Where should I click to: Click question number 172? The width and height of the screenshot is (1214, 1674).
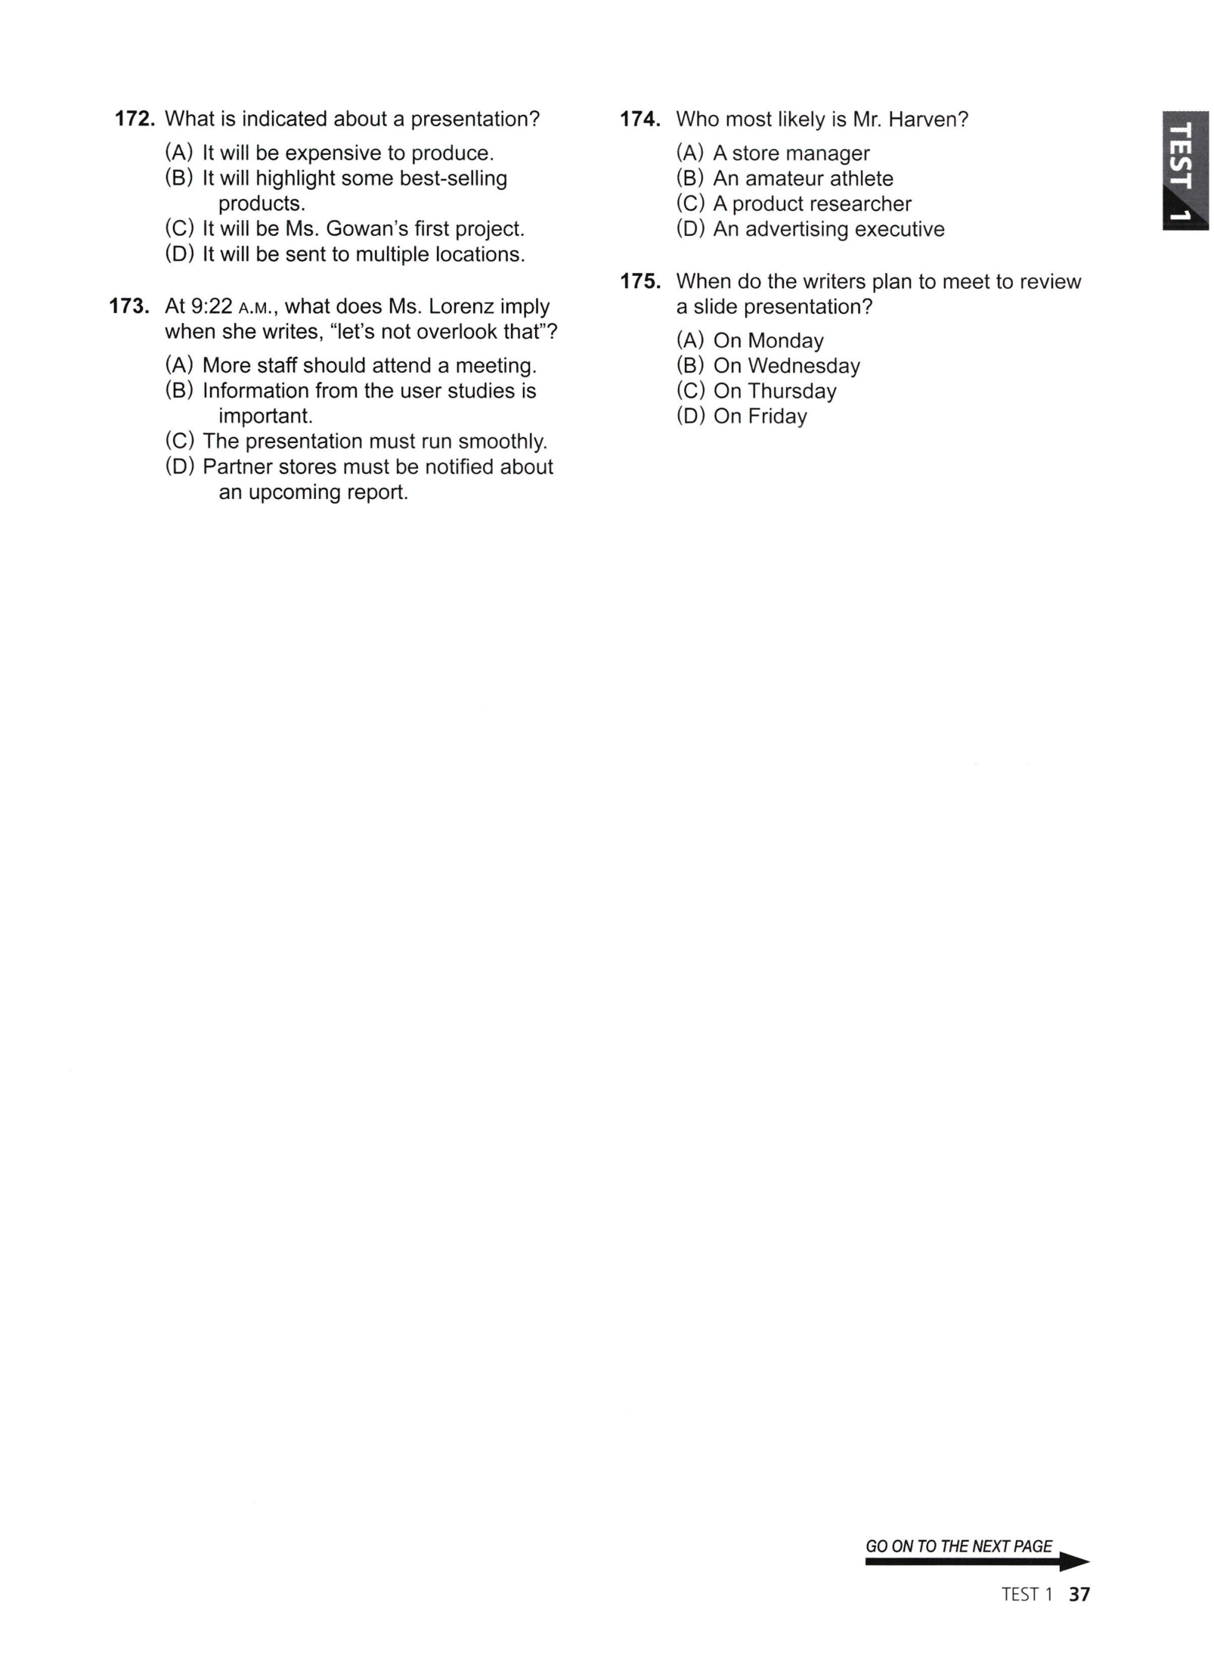[135, 119]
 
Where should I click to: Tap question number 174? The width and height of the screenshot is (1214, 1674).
[640, 119]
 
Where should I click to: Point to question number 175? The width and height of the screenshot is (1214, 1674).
[640, 281]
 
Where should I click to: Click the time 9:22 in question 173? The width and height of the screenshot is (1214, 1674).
[211, 306]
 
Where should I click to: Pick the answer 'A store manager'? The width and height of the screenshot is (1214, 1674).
[790, 153]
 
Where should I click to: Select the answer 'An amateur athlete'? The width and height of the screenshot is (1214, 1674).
[802, 179]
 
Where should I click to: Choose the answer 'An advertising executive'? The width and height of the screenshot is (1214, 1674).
[828, 230]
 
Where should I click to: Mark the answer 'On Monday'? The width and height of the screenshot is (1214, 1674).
[767, 341]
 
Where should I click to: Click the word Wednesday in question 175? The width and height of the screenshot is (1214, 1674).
[804, 367]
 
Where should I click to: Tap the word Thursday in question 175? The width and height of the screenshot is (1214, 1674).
[791, 392]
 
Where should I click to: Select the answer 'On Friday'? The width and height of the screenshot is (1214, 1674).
[759, 417]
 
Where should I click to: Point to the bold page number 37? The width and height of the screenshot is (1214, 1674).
[1079, 1595]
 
